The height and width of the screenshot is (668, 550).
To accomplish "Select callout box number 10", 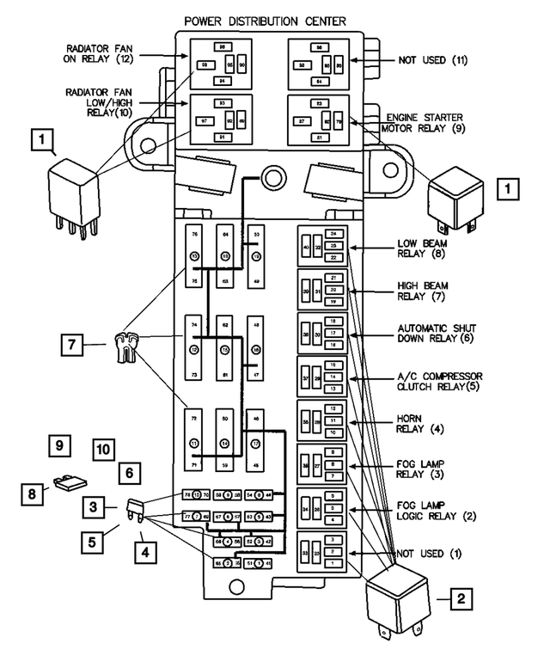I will [103, 449].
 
